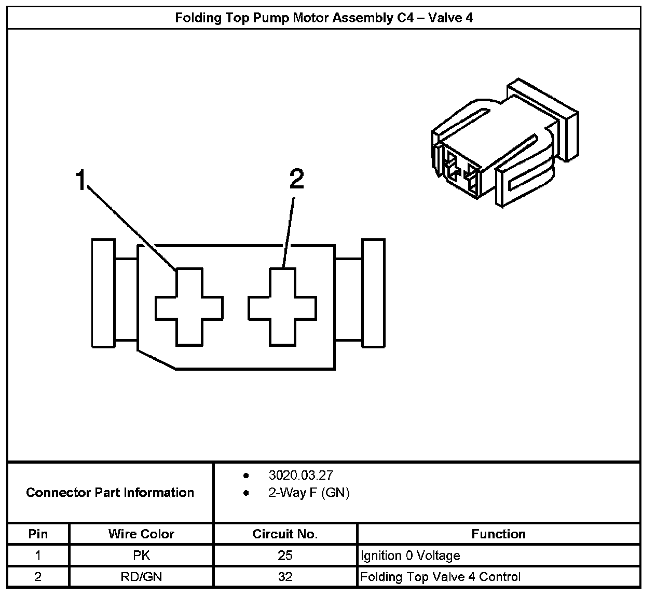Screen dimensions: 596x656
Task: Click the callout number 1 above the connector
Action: point(80,180)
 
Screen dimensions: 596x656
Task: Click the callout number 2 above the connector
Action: point(296,180)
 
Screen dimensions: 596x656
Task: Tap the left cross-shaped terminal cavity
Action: point(189,307)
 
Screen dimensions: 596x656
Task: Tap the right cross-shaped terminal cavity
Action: point(282,307)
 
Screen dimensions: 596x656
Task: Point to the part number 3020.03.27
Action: point(300,475)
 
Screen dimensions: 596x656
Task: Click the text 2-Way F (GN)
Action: point(309,493)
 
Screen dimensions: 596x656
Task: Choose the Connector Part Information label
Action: point(110,492)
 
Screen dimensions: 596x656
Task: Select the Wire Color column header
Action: point(141,534)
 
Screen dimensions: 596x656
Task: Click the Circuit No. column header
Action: point(285,534)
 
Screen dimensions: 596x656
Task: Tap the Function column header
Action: point(498,534)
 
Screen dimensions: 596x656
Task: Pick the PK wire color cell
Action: point(141,556)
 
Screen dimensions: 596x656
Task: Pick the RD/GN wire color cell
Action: point(141,576)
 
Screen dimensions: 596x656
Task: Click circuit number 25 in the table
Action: point(285,556)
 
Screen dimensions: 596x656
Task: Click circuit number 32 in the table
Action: point(285,576)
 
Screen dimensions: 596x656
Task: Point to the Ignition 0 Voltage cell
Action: point(410,556)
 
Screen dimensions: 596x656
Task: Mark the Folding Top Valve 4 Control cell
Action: point(440,576)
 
